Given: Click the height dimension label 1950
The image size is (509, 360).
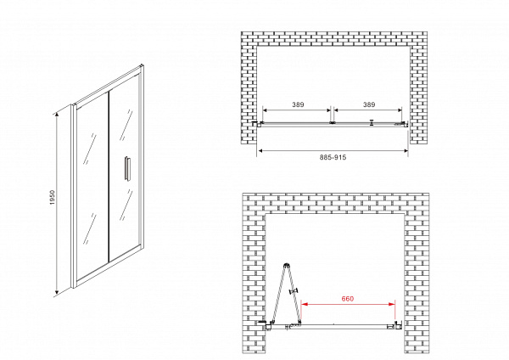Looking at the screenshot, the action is pyautogui.click(x=53, y=197).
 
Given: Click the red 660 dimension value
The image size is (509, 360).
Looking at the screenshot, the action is pyautogui.click(x=348, y=299).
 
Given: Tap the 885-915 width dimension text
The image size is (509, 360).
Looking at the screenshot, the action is pyautogui.click(x=333, y=157).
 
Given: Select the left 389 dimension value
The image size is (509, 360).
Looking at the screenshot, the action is pyautogui.click(x=298, y=104).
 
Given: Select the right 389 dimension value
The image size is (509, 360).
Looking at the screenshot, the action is pyautogui.click(x=369, y=104).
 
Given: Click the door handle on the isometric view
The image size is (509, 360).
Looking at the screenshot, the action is pyautogui.click(x=126, y=168).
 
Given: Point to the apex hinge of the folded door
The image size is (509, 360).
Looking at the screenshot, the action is pyautogui.click(x=287, y=266).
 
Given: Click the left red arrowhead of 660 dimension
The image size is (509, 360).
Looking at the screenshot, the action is pyautogui.click(x=304, y=304).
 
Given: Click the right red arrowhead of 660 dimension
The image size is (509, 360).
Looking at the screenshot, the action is pyautogui.click(x=392, y=304).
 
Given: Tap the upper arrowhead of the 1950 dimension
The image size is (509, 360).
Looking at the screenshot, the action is pyautogui.click(x=57, y=114).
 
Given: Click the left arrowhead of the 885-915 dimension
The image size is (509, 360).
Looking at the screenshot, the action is pyautogui.click(x=260, y=151).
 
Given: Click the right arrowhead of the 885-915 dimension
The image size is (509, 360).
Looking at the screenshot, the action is pyautogui.click(x=406, y=151).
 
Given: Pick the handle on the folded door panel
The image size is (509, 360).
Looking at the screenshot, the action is pyautogui.click(x=294, y=291).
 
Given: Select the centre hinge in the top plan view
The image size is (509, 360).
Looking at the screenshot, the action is pyautogui.click(x=332, y=123).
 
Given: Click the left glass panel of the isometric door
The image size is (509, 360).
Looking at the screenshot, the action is pyautogui.click(x=92, y=188).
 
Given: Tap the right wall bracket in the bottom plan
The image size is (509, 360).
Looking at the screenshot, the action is pyautogui.click(x=398, y=325).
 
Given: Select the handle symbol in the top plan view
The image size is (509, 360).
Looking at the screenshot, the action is pyautogui.click(x=372, y=122).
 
